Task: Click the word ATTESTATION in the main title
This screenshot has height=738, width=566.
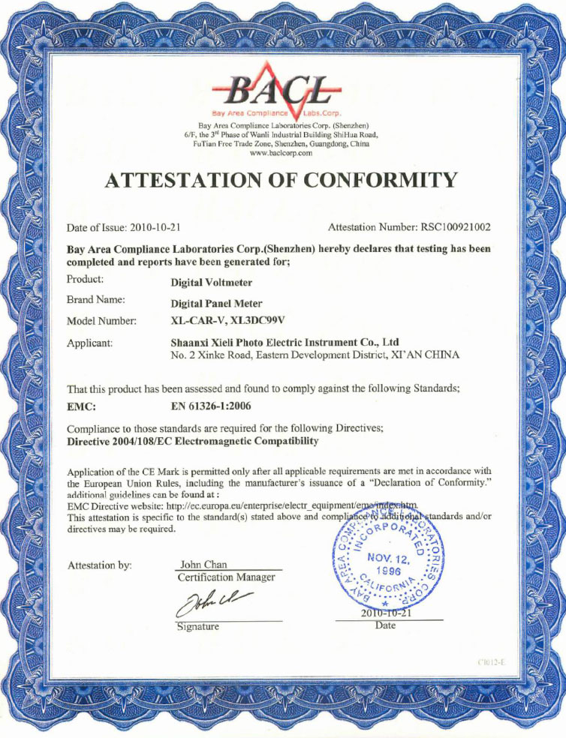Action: (x=187, y=180)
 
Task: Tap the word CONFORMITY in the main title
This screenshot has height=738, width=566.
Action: (x=379, y=180)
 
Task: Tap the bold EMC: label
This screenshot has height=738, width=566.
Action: (x=81, y=407)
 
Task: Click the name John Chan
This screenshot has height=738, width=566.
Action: (x=203, y=564)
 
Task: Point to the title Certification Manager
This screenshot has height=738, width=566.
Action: (x=226, y=577)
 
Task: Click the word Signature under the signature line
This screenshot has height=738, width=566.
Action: (x=197, y=626)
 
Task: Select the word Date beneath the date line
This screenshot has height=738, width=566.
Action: (x=384, y=625)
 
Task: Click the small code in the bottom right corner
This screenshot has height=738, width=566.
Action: (x=491, y=662)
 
